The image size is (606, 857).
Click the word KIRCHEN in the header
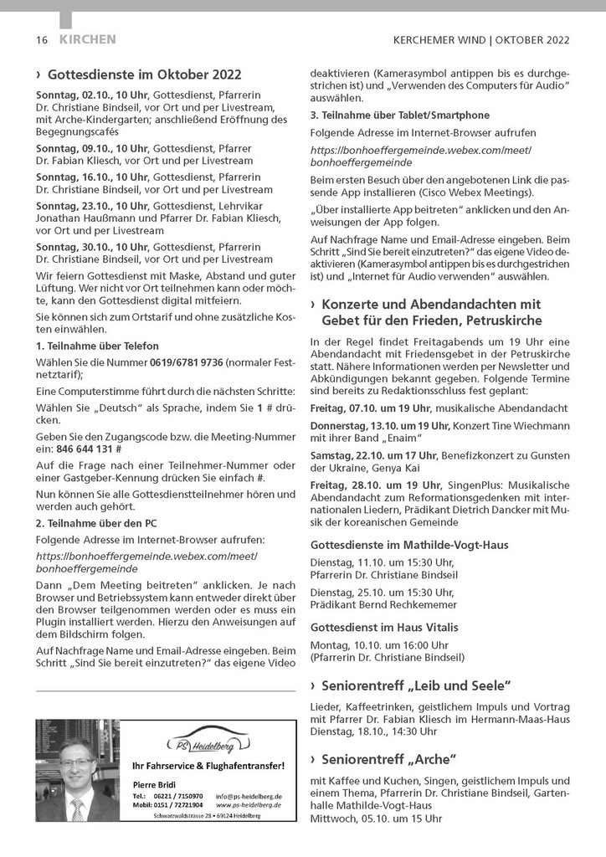coord(88,39)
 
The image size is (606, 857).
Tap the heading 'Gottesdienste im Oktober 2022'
coord(144,73)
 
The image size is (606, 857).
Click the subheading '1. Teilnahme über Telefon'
coord(97,346)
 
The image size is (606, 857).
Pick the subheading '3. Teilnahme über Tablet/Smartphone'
coord(400,115)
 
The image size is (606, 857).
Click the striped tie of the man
coord(77,808)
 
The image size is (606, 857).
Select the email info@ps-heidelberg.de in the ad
coord(249,796)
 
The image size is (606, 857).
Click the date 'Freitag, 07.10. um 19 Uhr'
coord(370,408)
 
